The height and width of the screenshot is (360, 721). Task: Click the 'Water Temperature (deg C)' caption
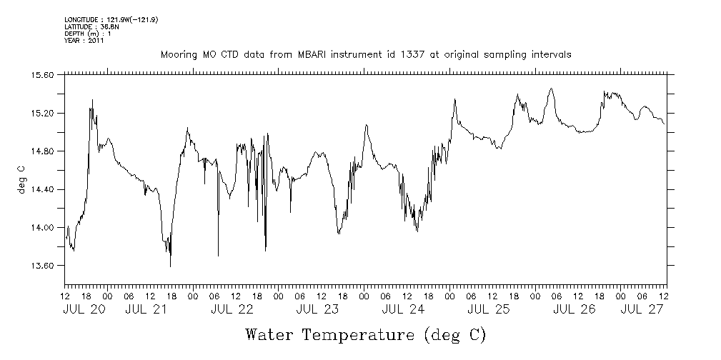click(365, 334)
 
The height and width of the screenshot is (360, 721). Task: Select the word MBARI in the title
click(323, 54)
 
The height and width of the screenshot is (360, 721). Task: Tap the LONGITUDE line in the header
click(111, 19)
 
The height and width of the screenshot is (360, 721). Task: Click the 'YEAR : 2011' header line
click(84, 41)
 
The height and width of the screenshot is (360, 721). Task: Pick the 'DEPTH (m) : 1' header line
click(87, 34)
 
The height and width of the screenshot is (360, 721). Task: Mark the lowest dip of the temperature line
click(170, 266)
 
